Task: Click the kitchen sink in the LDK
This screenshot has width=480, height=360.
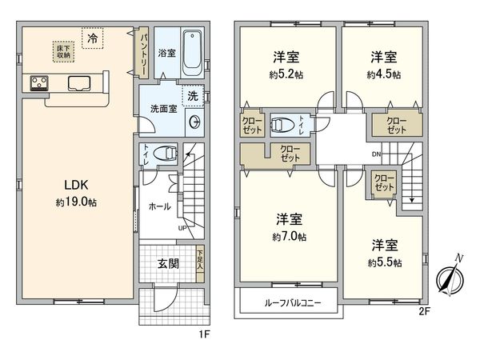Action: tap(80, 82)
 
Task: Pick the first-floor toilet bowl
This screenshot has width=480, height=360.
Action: tap(164, 154)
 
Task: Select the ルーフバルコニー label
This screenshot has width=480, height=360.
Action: tap(288, 304)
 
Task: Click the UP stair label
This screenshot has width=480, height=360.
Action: tap(183, 228)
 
